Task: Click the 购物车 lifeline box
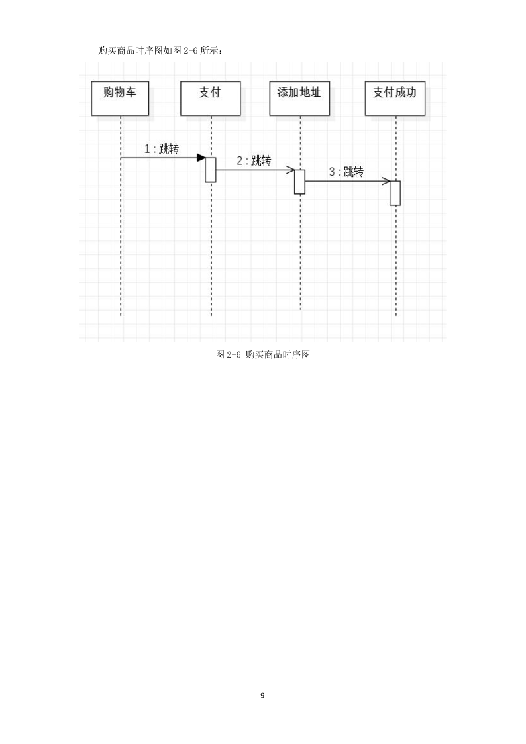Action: point(120,98)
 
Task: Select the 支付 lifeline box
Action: point(210,98)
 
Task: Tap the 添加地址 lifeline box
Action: point(299,98)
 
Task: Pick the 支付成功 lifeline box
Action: point(395,98)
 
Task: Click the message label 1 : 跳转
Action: point(162,148)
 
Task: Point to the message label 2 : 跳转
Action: point(254,161)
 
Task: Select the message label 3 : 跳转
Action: point(346,172)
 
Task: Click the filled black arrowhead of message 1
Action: point(201,158)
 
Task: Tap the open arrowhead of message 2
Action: point(290,170)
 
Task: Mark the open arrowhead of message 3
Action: point(385,181)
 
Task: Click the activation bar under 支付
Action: point(211,170)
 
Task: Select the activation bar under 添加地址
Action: point(299,182)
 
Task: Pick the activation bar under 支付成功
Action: point(395,193)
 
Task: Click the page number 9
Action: point(262,696)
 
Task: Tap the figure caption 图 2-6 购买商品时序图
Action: point(263,354)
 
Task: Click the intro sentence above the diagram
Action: point(160,50)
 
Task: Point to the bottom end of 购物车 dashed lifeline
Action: point(121,315)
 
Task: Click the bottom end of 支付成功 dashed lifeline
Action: point(395,315)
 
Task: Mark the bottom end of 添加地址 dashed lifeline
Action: point(300,310)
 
